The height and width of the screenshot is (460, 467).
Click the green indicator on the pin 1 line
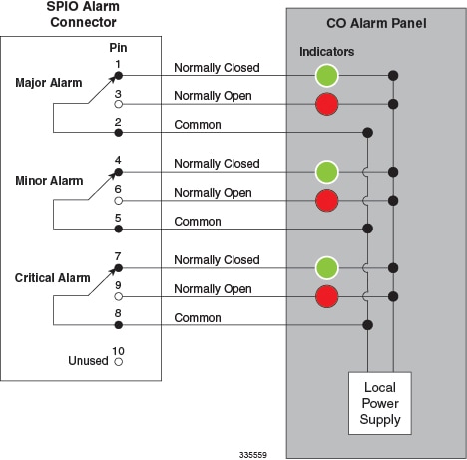click(x=327, y=75)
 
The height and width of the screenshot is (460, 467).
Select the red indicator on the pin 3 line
click(x=327, y=104)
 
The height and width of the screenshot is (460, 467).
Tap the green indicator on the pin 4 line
click(x=327, y=172)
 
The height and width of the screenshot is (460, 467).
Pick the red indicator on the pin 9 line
click(x=327, y=296)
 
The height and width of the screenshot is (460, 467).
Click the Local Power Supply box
click(x=380, y=403)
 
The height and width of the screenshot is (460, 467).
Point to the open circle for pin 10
click(x=118, y=362)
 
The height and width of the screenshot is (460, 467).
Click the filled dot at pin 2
click(x=118, y=133)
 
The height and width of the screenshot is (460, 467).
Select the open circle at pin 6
click(x=118, y=201)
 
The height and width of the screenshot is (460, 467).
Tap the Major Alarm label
click(x=49, y=83)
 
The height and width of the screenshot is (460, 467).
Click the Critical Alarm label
click(x=52, y=278)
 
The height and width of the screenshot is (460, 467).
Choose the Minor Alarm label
click(x=49, y=181)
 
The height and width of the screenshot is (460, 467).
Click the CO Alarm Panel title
click(x=376, y=23)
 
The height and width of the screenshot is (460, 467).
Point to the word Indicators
click(x=326, y=52)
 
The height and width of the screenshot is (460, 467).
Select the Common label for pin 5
click(x=198, y=222)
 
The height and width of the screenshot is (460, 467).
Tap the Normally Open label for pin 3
click(x=213, y=96)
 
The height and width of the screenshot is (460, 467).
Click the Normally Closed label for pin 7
click(x=217, y=260)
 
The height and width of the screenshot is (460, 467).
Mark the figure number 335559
click(x=253, y=455)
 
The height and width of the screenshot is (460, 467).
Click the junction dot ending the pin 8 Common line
click(x=367, y=325)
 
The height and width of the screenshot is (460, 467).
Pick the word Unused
click(x=88, y=361)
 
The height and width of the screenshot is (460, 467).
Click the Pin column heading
click(x=118, y=48)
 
